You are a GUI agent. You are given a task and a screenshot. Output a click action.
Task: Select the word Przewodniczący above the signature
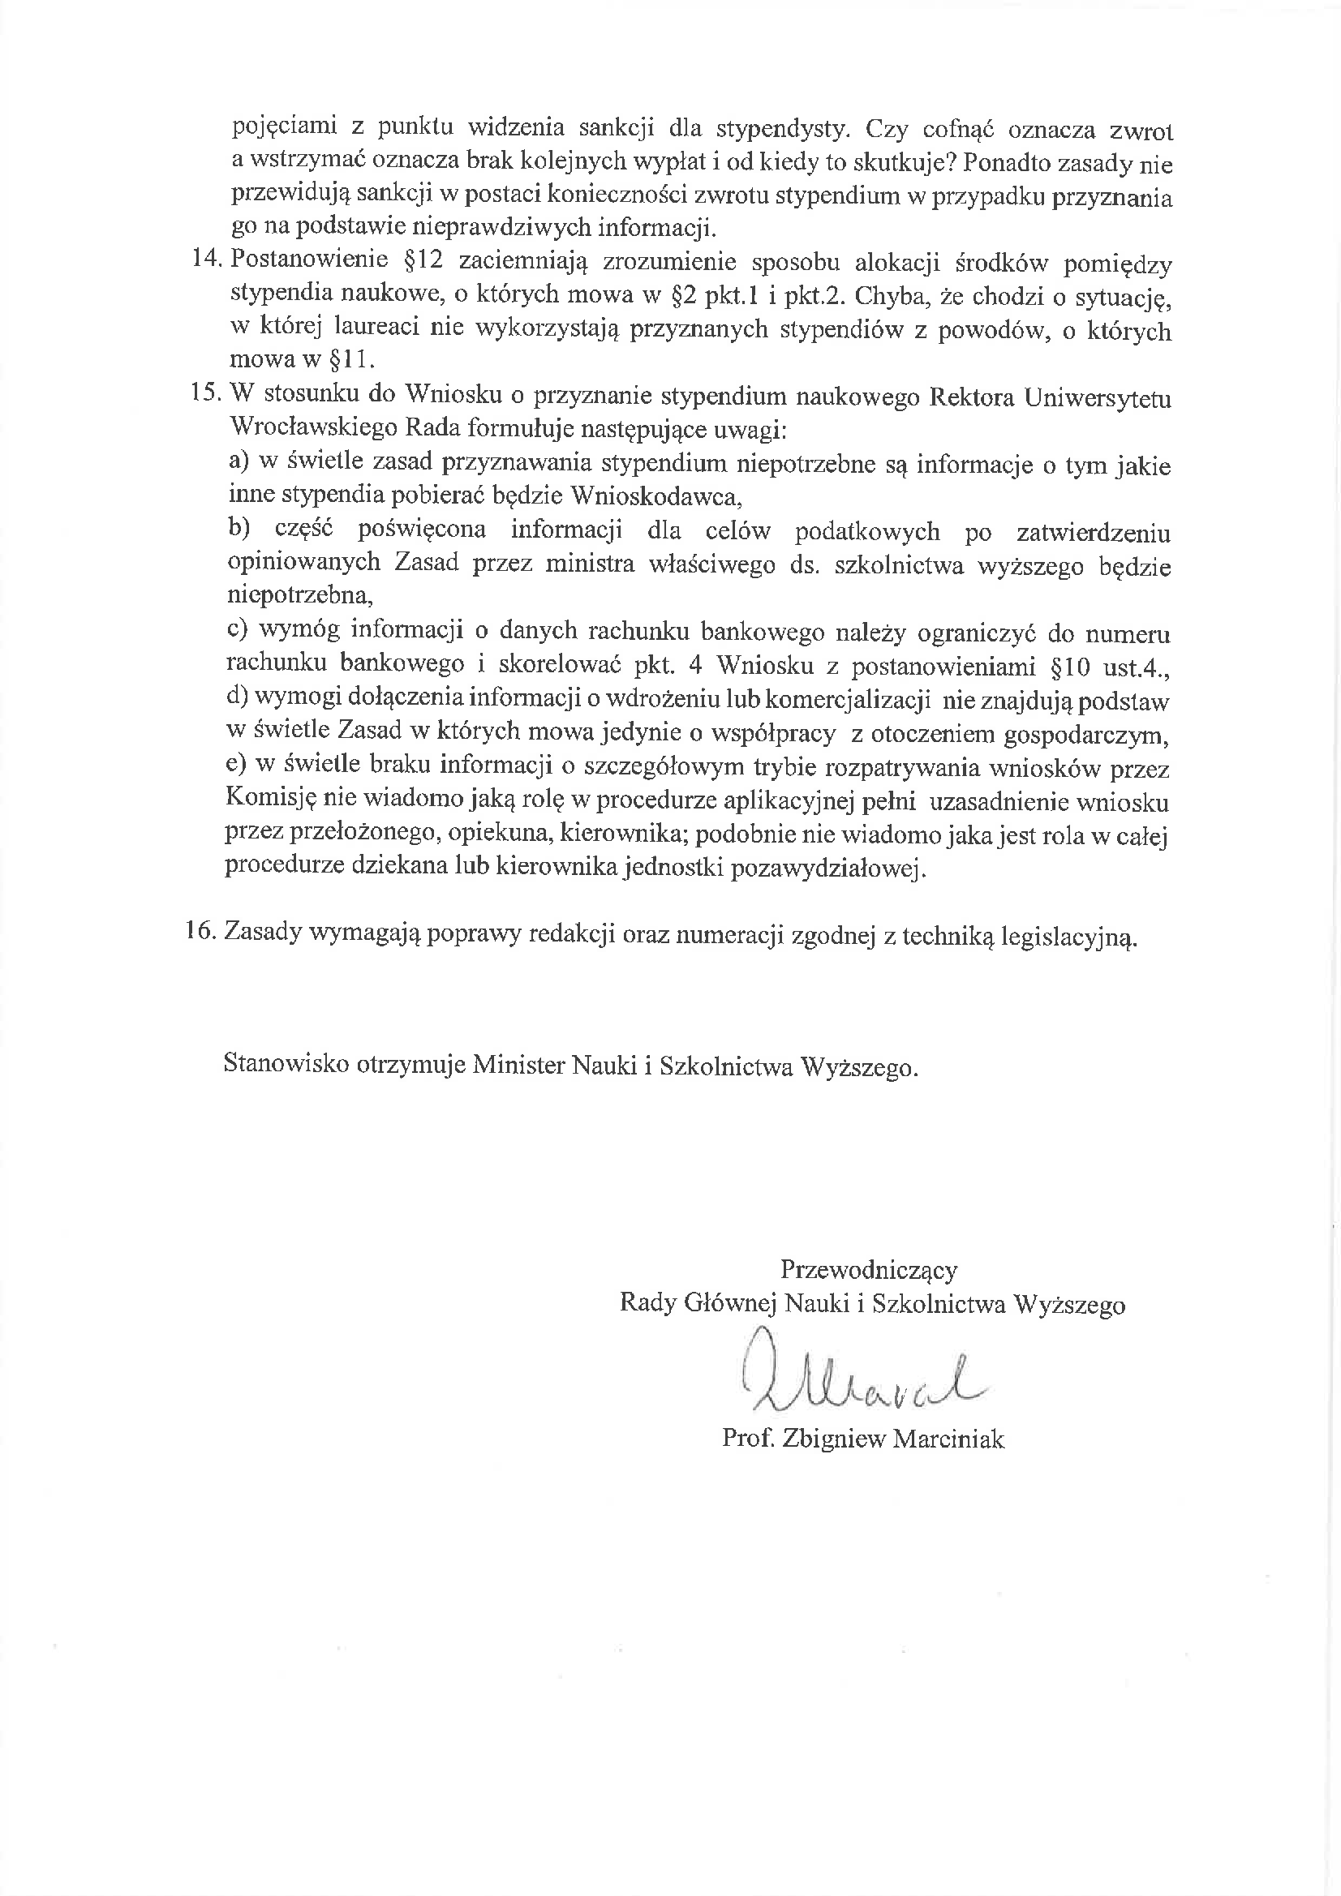pyautogui.click(x=869, y=1269)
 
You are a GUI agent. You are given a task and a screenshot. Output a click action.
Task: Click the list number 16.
pyautogui.click(x=203, y=933)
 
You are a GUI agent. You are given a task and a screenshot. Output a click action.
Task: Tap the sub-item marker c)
pyautogui.click(x=238, y=630)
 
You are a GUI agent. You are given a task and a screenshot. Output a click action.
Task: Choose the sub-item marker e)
pyautogui.click(x=237, y=766)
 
